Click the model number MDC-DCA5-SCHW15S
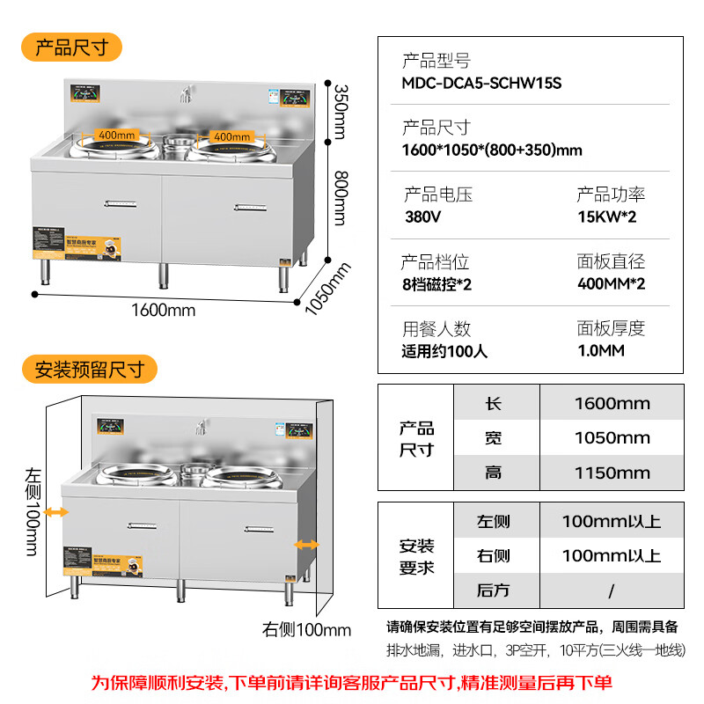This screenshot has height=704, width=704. [x=481, y=84]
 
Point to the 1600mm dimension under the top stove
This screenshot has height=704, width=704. [x=163, y=310]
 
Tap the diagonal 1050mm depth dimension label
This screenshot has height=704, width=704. [x=326, y=289]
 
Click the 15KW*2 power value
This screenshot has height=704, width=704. [x=605, y=216]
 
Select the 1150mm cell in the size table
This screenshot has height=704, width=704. [x=612, y=473]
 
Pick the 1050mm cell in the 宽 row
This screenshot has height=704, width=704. [x=612, y=438]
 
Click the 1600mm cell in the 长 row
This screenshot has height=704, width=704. [x=612, y=404]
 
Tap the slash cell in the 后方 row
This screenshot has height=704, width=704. [x=612, y=590]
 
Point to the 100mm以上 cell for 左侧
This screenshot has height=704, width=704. [x=612, y=522]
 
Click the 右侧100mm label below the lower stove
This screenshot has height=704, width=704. [x=306, y=630]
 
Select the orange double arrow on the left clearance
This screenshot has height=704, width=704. [x=57, y=511]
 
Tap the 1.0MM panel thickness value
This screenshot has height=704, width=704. [x=601, y=351]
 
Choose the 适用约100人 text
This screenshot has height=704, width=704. [x=444, y=351]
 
